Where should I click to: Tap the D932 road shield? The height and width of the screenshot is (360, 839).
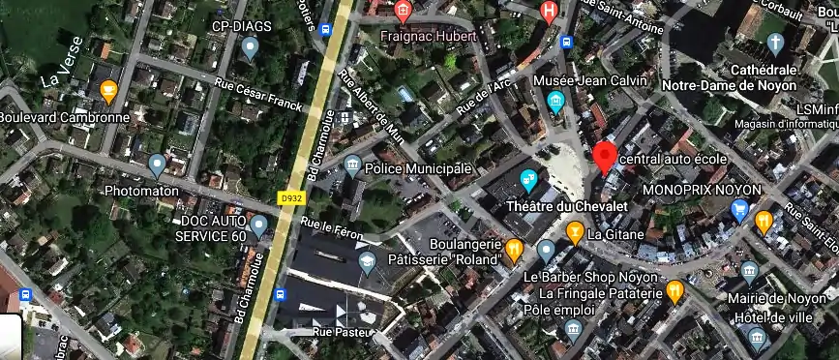click(289, 198)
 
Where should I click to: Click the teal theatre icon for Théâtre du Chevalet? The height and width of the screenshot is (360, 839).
click(528, 179)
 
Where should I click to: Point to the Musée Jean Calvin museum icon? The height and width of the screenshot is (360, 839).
click(555, 101)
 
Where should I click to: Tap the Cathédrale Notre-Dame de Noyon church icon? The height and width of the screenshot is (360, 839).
click(774, 44)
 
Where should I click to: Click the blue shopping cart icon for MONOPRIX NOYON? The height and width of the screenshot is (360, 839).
click(740, 209)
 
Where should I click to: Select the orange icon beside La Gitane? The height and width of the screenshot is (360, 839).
click(575, 232)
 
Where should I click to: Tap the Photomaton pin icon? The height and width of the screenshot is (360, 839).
click(157, 165)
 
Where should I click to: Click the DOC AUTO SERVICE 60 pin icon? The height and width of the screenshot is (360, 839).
click(258, 227)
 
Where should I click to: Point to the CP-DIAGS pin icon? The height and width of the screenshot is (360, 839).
click(251, 45)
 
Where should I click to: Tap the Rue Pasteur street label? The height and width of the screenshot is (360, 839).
click(335, 332)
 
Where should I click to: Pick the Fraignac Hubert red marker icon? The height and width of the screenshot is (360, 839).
click(404, 12)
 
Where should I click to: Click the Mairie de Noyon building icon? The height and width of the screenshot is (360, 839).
click(749, 271)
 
